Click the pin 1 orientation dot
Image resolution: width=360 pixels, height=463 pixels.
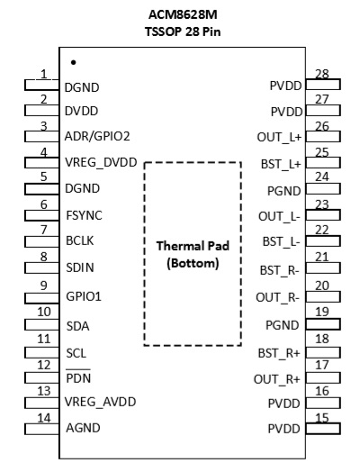tap(74, 62)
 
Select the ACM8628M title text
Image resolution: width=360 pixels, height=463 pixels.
tap(183, 14)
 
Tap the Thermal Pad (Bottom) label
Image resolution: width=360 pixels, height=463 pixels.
tap(193, 254)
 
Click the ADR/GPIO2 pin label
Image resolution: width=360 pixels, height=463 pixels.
tap(97, 136)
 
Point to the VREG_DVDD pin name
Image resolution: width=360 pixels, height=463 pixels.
tap(101, 162)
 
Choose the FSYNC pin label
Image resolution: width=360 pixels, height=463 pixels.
tap(84, 215)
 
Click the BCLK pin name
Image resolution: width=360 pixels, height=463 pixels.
tap(80, 241)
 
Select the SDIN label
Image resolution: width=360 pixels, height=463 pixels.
tap(80, 268)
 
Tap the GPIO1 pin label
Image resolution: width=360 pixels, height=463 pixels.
tap(84, 296)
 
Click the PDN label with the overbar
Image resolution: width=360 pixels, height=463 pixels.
tap(78, 377)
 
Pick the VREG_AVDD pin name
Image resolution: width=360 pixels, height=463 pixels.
tap(100, 402)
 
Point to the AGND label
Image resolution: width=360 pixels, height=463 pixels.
tap(83, 428)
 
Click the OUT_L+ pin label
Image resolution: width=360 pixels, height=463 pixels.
tap(279, 137)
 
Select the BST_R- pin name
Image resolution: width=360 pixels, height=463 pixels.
tap(279, 270)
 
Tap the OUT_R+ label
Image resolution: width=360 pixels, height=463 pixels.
tap(277, 379)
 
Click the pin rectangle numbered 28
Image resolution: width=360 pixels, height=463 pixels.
tap(323, 85)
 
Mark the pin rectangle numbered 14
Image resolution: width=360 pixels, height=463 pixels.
tap(41, 429)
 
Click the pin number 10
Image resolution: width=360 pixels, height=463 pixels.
tap(44, 312)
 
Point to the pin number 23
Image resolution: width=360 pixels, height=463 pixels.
tap(322, 204)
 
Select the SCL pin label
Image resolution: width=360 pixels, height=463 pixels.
tap(76, 353)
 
